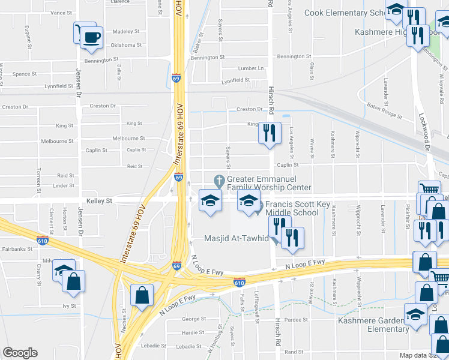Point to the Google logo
20,353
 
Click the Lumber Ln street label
251,68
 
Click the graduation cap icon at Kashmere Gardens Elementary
415,314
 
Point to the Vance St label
61,13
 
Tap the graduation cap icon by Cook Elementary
396,10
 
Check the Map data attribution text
424,355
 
